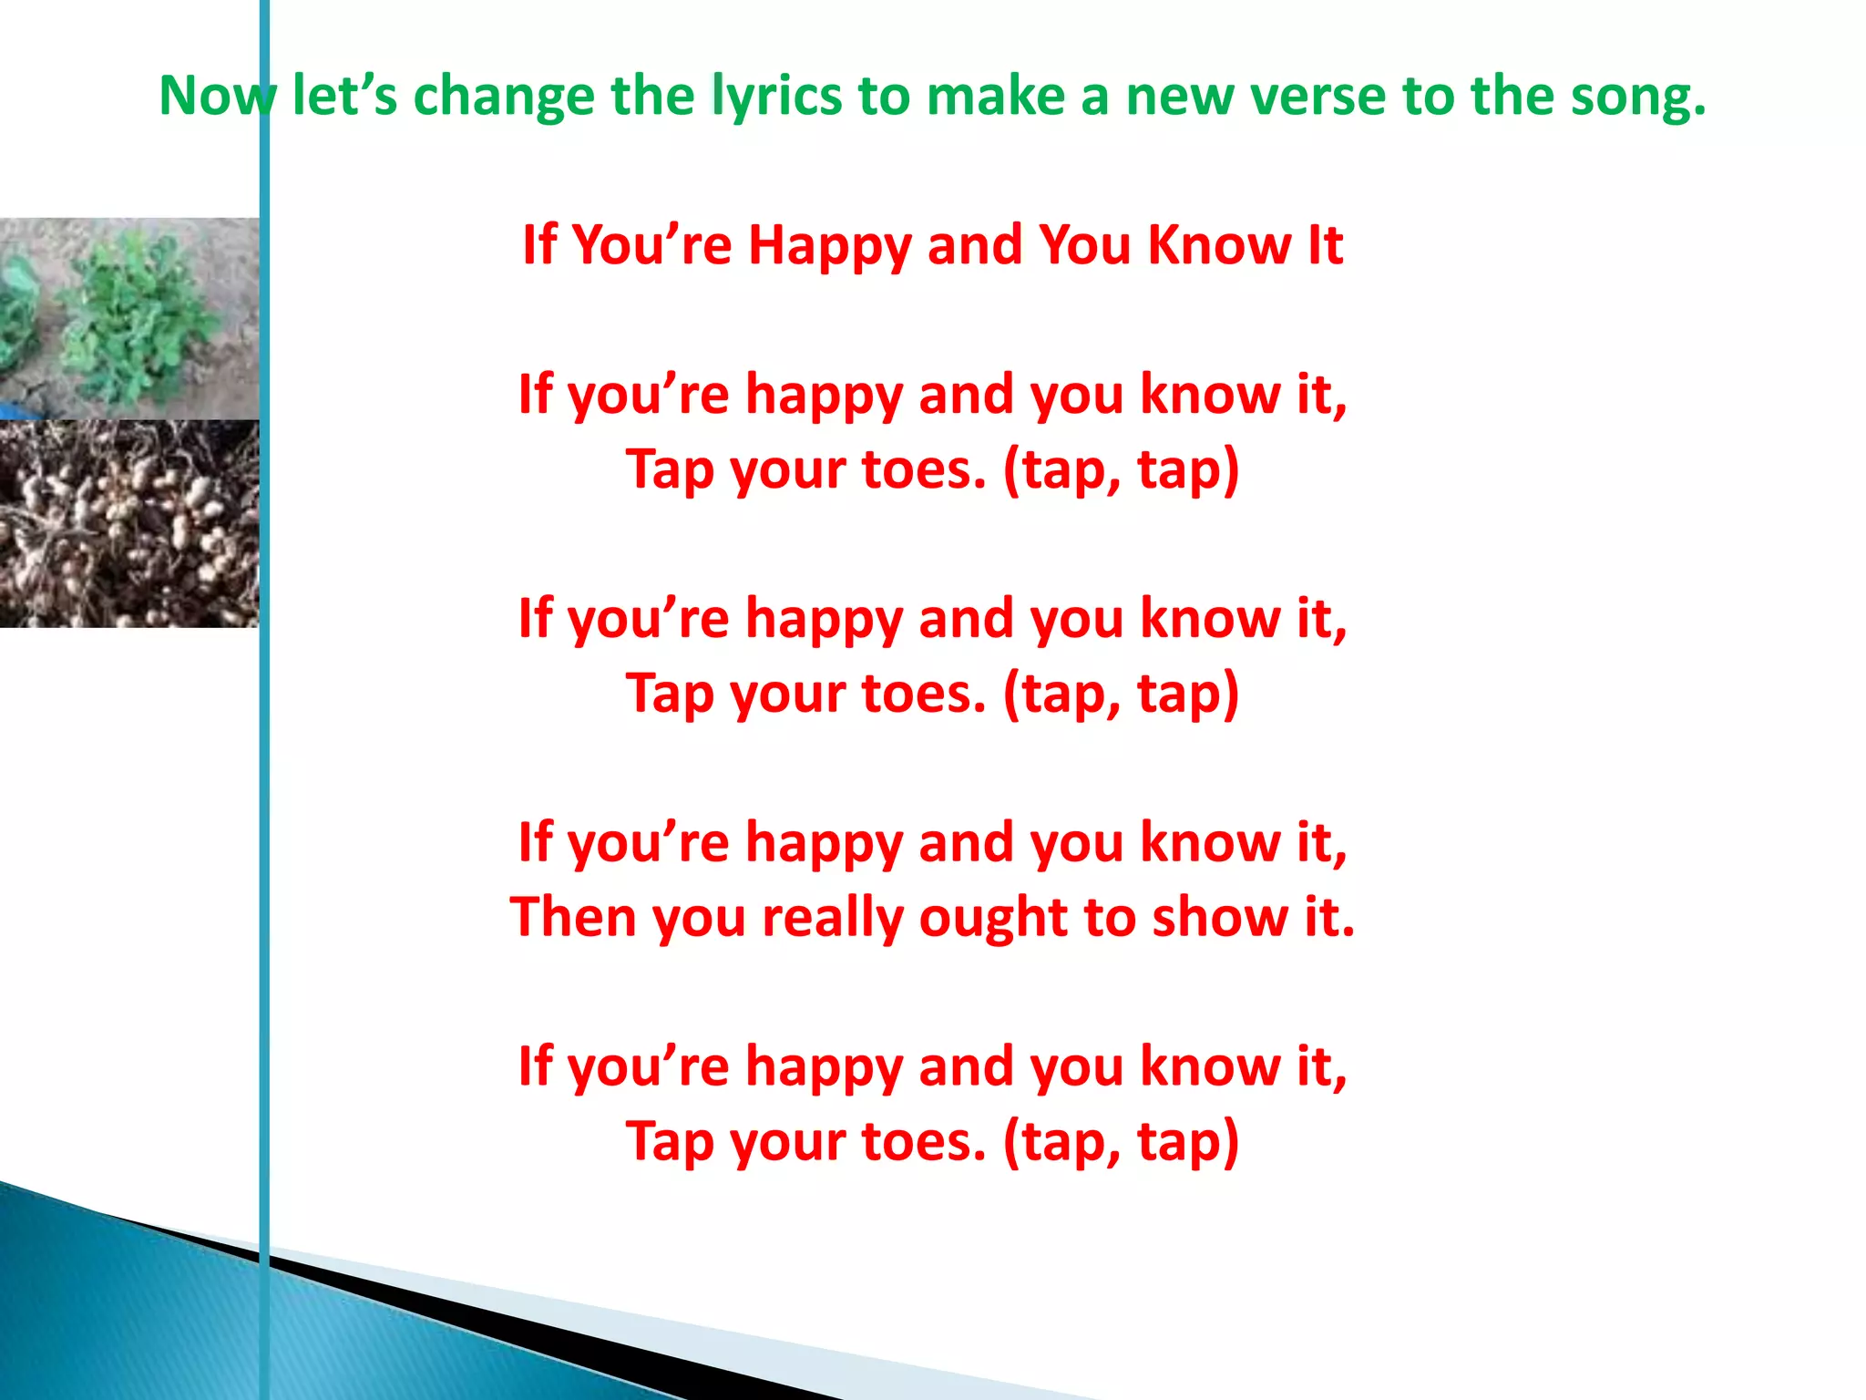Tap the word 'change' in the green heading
503,96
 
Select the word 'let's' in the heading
344,96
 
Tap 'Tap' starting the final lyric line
670,1143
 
